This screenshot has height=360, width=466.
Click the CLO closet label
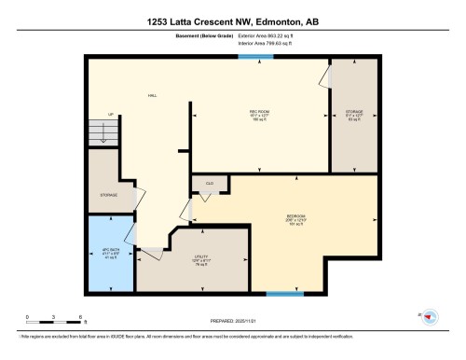(x=209, y=185)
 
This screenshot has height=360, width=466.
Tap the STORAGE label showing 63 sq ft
(x=353, y=114)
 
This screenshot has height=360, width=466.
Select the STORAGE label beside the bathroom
(x=109, y=196)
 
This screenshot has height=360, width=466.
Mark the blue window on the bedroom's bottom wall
(x=284, y=295)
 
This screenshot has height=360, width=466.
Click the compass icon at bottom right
(x=430, y=317)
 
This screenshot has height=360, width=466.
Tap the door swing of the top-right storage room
(x=326, y=75)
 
